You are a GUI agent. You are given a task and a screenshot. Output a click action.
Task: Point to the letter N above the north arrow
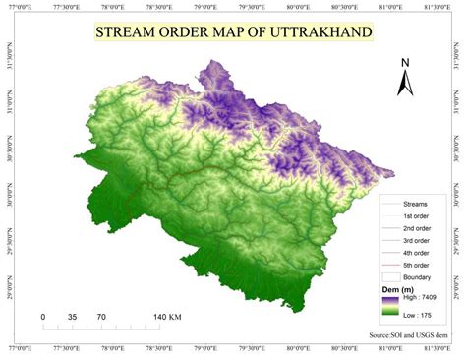404,65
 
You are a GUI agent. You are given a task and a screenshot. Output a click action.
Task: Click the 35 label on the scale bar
73,317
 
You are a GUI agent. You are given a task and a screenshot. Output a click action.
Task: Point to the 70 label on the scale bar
101,317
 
